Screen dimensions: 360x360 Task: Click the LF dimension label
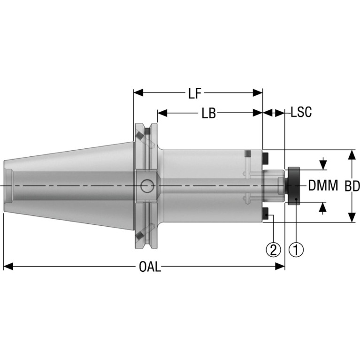195,93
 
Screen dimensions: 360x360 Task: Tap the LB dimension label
209,114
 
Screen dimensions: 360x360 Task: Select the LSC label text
301,112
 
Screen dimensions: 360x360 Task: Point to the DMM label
323,185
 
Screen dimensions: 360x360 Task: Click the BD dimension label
352,186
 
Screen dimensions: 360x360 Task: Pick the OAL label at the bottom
150,267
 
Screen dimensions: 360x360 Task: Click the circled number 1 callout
296,250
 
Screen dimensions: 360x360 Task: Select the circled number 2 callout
273,250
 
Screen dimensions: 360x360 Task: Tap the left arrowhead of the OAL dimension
8,267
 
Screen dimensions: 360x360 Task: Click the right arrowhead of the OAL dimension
280,267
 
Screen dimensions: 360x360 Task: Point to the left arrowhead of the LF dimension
138,93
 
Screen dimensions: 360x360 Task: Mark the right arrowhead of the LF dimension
258,93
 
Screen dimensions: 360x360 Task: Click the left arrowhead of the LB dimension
162,113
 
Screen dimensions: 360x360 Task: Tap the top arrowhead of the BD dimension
352,154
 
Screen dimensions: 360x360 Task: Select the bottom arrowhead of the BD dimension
352,217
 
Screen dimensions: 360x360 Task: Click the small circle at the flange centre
147,186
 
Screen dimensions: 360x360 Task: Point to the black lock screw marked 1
292,186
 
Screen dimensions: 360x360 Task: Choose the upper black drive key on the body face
266,158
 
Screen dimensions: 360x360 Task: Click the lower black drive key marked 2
266,213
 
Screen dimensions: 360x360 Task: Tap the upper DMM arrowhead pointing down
323,165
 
